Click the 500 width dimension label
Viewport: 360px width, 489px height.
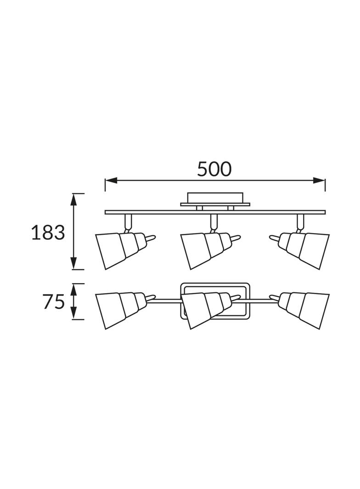pos(214,169)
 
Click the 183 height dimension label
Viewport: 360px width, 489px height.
pos(48,232)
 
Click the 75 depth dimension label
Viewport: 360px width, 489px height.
pos(54,302)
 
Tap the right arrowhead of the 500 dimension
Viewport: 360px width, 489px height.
pos(319,180)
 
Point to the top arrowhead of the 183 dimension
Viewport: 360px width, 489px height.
pos(73,199)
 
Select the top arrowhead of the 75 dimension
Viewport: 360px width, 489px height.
pos(73,289)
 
